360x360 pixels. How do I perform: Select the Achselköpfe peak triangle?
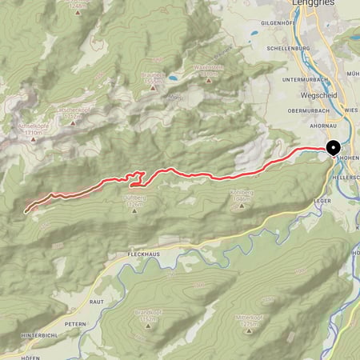point(33,139)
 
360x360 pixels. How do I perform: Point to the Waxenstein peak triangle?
point(208,79)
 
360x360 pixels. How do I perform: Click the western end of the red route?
point(26,211)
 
